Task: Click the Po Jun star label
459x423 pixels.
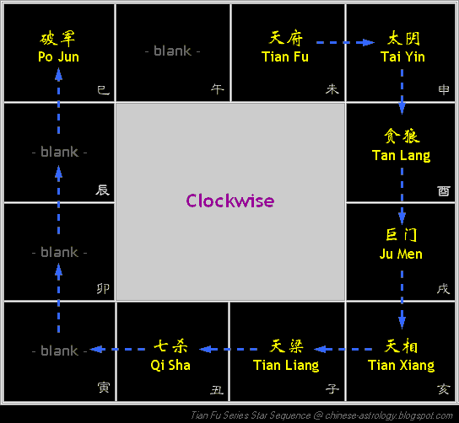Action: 58,56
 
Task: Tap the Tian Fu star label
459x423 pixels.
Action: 285,56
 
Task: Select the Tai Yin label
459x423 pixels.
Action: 402,56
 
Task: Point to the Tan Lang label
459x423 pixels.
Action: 401,156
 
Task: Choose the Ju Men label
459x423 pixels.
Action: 401,254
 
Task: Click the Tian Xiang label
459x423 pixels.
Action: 401,366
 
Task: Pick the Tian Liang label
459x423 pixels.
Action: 286,366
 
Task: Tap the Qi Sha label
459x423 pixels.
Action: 170,366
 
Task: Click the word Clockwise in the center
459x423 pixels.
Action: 230,201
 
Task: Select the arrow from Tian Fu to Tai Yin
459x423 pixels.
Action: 345,42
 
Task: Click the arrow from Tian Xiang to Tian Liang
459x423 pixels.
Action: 343,349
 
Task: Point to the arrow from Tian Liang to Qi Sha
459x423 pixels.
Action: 228,349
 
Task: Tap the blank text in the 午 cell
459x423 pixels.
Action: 173,51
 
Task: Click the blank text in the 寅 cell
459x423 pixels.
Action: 59,351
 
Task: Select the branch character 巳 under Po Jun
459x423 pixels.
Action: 103,90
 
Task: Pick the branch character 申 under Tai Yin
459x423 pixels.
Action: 444,89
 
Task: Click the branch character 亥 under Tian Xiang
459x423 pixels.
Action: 443,389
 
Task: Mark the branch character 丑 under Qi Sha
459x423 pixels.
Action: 217,389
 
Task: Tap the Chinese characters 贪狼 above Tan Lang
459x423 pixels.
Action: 402,136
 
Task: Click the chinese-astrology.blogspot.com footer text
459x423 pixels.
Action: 389,415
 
